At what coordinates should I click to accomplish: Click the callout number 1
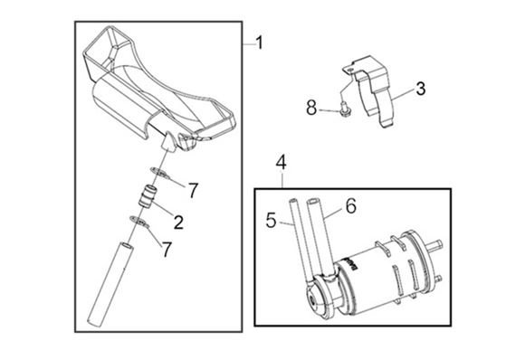coord(259,43)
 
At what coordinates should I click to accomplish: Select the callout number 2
coord(178,222)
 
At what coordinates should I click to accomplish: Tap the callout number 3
coord(421,89)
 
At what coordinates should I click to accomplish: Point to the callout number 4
coord(282,162)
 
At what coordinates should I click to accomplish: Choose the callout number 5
coord(271,221)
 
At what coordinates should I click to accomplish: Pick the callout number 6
coord(351,206)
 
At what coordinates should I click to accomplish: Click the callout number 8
coord(311,108)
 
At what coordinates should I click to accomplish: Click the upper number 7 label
coord(193,190)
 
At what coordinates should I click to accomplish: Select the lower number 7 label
coord(167,250)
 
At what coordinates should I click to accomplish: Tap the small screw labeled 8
coord(345,107)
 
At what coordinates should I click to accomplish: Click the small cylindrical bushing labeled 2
coord(148,195)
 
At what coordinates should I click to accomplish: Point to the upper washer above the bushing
coord(159,173)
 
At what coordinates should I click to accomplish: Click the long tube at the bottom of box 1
coord(110,284)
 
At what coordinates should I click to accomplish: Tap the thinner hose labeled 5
coord(299,242)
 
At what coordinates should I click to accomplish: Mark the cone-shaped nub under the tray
coord(168,142)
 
